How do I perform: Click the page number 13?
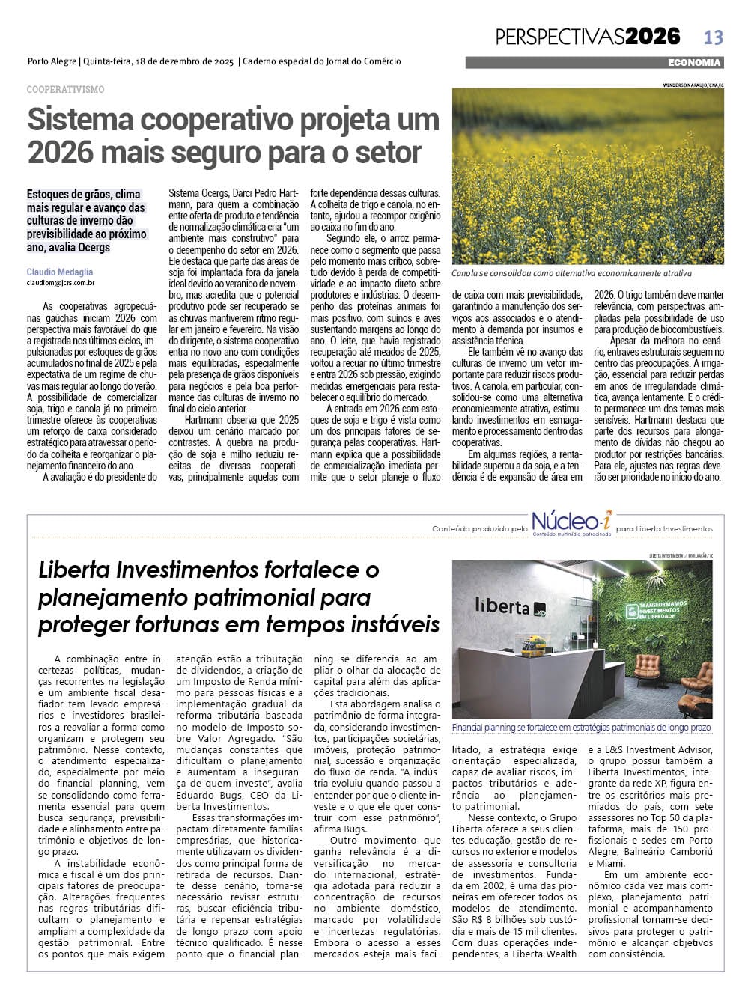coord(713,37)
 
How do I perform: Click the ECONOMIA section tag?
coord(694,63)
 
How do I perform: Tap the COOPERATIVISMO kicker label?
coord(65,89)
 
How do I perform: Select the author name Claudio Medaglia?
coord(60,272)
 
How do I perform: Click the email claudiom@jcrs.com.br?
coord(61,284)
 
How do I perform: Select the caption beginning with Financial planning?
coord(581,728)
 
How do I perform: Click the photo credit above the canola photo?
coord(693,85)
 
